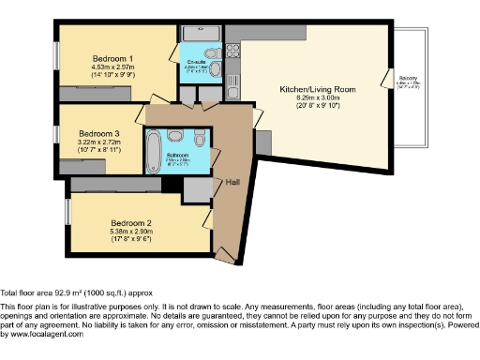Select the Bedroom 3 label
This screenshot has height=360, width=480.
[x=98, y=133]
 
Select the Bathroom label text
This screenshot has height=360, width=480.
[x=179, y=155]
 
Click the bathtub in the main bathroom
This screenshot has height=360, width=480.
[x=152, y=149]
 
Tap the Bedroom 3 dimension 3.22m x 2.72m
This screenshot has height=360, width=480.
[x=98, y=142]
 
